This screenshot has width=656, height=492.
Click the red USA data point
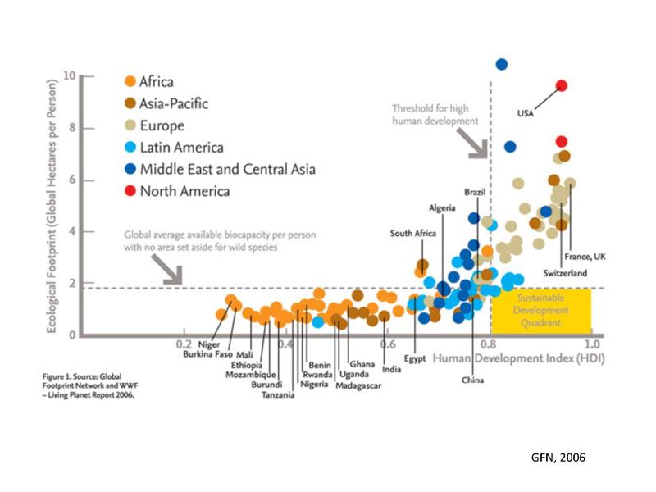(x=562, y=85)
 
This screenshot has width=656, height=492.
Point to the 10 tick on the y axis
(x=70, y=76)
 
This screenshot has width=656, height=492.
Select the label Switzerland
(x=565, y=272)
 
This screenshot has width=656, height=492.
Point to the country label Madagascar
(x=358, y=385)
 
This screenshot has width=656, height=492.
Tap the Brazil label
(x=475, y=191)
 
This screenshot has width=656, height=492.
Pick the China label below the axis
(x=472, y=380)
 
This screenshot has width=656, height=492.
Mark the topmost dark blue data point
(x=502, y=64)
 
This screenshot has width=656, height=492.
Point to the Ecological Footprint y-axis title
(x=52, y=205)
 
